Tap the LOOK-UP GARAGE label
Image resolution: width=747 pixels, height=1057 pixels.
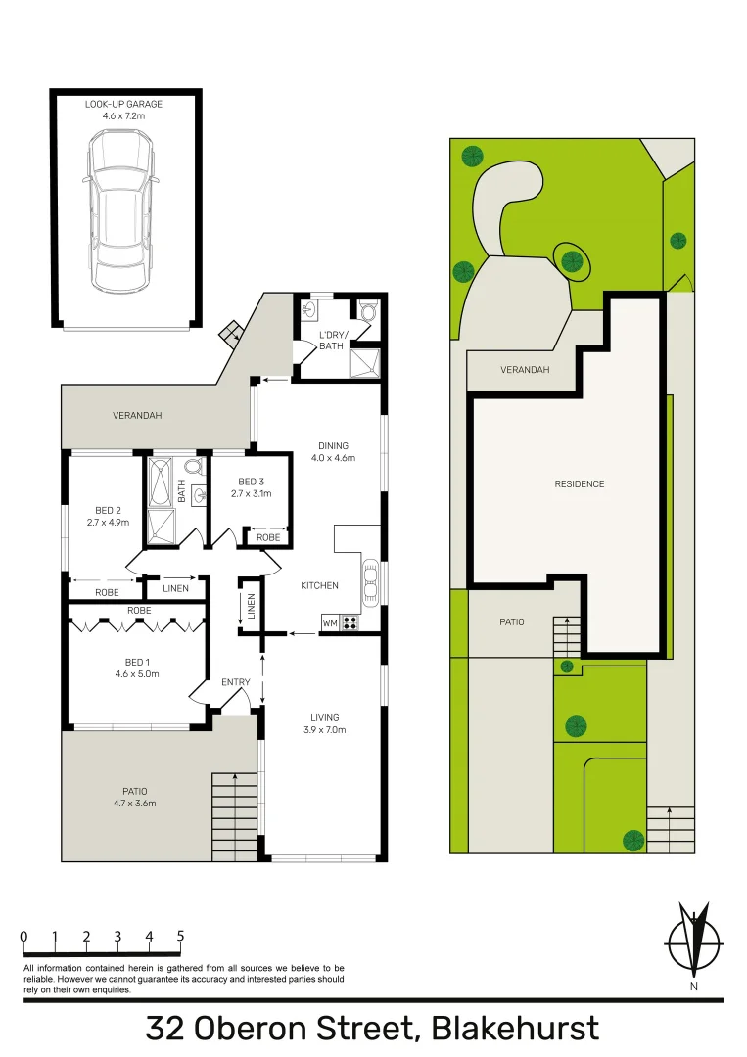tap(123, 103)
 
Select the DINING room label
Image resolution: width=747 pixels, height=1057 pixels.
tap(332, 445)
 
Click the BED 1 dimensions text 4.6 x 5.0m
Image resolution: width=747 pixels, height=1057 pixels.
tap(136, 673)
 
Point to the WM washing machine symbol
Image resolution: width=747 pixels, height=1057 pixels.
tap(329, 622)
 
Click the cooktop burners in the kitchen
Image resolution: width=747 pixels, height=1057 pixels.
tap(350, 621)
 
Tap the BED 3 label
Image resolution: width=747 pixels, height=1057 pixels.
tap(251, 482)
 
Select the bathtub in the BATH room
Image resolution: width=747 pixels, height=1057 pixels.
tap(160, 483)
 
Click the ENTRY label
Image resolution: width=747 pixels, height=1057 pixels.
tap(235, 682)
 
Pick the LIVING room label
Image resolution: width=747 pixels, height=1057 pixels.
tap(326, 717)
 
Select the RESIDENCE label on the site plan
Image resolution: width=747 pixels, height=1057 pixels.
tap(580, 483)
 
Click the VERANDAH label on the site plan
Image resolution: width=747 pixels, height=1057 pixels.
tap(525, 370)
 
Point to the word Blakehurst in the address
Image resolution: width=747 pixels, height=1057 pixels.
tap(515, 1030)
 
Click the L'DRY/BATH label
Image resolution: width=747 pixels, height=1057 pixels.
tap(331, 340)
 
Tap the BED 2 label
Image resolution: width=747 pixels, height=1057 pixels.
tap(108, 510)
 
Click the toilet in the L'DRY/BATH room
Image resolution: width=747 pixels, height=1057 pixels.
tap(367, 312)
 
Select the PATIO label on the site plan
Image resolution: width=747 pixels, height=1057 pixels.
tap(511, 621)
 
